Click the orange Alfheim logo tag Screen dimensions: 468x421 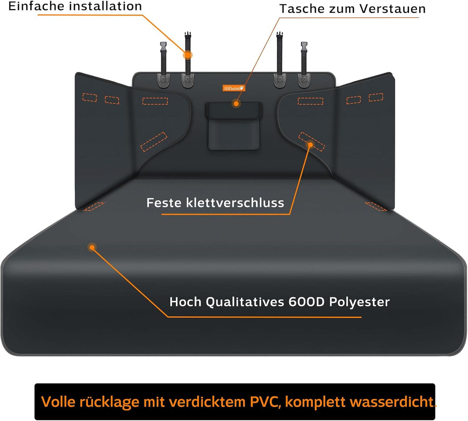coord(234,88)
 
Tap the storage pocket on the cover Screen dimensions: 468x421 coord(234,126)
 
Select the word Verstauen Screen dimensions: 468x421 coord(393,9)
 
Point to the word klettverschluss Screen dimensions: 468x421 coord(235,203)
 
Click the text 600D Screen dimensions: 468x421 coord(306,302)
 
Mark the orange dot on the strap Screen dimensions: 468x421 coord(188,55)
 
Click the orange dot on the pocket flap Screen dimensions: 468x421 coord(236,104)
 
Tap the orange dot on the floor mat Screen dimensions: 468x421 coord(92,247)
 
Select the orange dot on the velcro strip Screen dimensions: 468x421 coord(310,145)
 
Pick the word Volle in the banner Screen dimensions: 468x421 coord(58,402)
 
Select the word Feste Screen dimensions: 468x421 coord(164,203)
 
